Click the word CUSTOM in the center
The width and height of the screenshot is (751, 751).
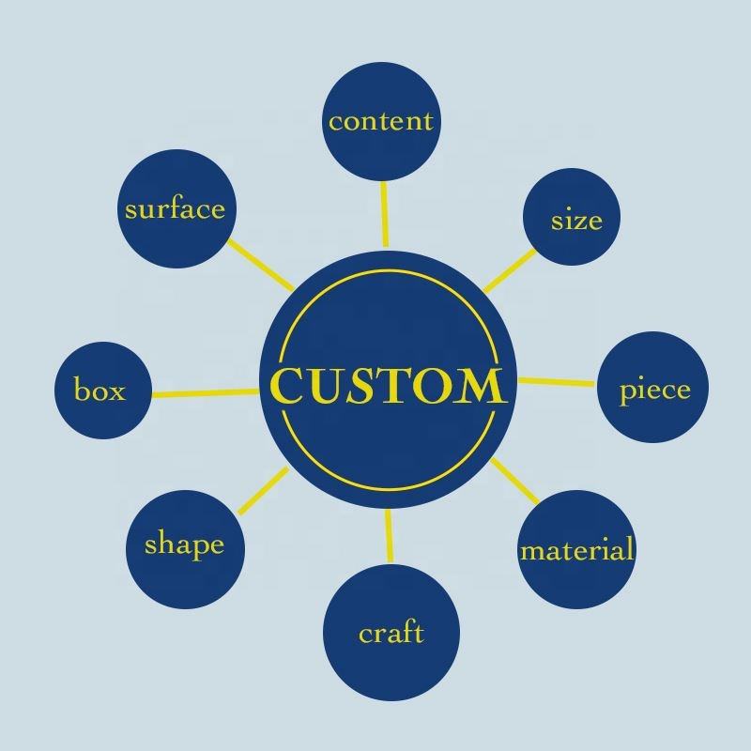[x=386, y=386]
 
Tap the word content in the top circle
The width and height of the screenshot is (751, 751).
[x=381, y=121]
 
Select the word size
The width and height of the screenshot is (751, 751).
[x=575, y=221]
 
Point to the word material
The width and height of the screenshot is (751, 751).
[x=576, y=549]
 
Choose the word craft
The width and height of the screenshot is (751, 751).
[x=391, y=633]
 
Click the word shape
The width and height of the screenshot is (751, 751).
[x=184, y=545]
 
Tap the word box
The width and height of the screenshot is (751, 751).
[x=100, y=391]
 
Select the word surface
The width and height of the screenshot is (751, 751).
[x=175, y=208]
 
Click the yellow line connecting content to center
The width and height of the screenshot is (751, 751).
[x=384, y=213]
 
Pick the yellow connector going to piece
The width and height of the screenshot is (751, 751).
[x=557, y=381]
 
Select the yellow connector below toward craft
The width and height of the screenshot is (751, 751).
[x=387, y=536]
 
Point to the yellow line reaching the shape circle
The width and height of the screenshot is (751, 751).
[x=263, y=491]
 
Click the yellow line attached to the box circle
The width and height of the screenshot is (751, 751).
[x=205, y=392]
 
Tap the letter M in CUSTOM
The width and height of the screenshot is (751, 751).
[x=478, y=386]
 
